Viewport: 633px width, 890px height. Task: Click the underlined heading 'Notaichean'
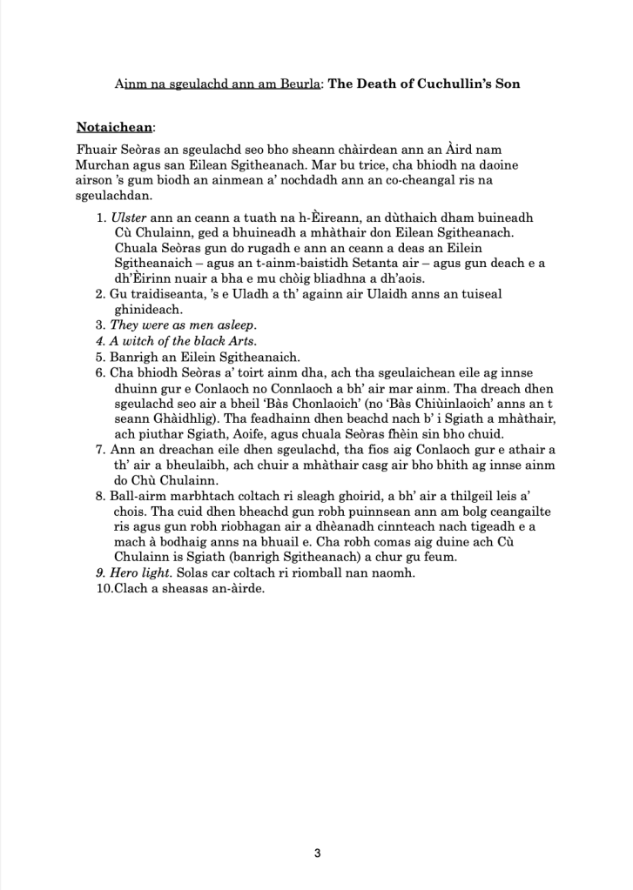114,127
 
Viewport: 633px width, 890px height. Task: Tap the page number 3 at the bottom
317,853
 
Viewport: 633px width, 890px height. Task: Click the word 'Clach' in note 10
131,588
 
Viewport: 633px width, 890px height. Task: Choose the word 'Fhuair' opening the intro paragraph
96,150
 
